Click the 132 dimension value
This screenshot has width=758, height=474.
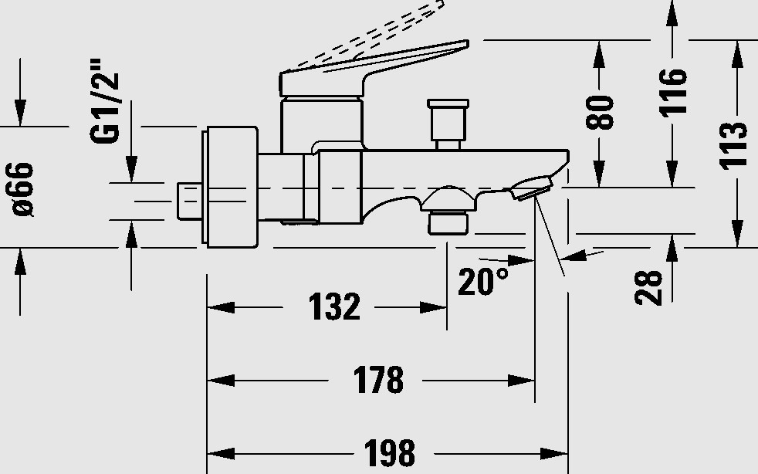point(334,306)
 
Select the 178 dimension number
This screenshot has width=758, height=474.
point(378,380)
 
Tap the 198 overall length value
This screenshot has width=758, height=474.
point(390,453)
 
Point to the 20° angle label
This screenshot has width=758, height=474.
point(483,281)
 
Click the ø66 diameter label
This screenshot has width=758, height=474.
point(21,189)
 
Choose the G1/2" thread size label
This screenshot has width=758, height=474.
point(105,101)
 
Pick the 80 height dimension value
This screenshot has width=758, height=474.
point(600,113)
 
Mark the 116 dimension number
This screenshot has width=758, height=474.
point(673,93)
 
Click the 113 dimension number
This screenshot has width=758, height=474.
point(733,146)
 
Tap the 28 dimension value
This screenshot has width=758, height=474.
point(648,288)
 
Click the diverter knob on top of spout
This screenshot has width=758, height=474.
point(448,124)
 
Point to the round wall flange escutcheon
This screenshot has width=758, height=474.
point(230,187)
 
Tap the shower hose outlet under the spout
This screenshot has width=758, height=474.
point(448,211)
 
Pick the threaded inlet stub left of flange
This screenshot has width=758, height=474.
point(190,201)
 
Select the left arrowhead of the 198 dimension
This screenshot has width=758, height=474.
point(221,454)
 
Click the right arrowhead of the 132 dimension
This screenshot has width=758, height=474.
point(433,307)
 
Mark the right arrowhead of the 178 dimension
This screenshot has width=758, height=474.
point(521,381)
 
